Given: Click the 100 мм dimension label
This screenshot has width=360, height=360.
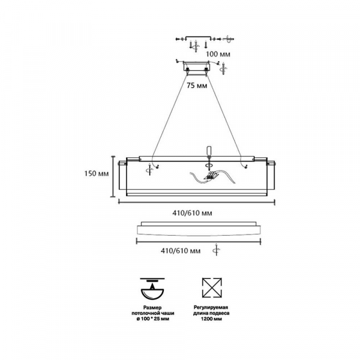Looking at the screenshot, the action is point(218,54).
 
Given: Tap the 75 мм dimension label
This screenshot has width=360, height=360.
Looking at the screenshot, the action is point(197,86).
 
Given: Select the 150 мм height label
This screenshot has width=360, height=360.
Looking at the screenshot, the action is point(97,173).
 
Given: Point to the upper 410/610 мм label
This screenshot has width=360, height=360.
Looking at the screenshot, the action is point(193,213).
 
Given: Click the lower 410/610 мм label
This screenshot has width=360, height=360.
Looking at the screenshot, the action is point(181,251).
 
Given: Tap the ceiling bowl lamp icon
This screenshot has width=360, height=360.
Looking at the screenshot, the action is point(152,289).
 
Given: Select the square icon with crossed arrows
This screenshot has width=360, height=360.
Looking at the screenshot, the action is point(212,287).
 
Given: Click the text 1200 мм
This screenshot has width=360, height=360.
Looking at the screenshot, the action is point(211,319).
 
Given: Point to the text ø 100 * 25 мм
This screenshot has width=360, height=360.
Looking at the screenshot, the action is point(153,319).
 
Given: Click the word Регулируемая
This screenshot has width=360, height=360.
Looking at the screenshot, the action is point(211,307).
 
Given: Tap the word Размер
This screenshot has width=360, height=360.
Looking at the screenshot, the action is point(152,307).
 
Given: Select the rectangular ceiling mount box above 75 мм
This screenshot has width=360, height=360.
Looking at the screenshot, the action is point(197,67).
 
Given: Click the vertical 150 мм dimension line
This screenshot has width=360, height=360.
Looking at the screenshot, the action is point(113,176).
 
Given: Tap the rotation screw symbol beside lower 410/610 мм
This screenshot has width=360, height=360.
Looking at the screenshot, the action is point(216,250).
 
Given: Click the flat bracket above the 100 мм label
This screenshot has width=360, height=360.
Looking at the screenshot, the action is point(198,38).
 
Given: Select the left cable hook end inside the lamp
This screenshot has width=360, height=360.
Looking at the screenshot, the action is point(157,167).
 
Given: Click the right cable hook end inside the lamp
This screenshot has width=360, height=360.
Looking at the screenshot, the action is point(246,167).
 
